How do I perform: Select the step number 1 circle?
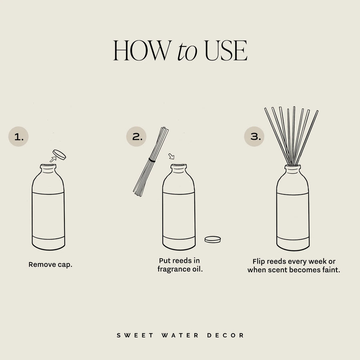pyautogui.click(x=18, y=137)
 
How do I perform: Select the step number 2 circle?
pyautogui.click(x=137, y=137)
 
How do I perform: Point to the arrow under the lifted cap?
pyautogui.click(x=52, y=159)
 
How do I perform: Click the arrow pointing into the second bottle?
pyautogui.click(x=172, y=155)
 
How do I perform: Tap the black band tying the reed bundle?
pyautogui.click(x=152, y=160)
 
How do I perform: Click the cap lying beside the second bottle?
pyautogui.click(x=213, y=239)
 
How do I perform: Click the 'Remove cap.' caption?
pyautogui.click(x=50, y=265)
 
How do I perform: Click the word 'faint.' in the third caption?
pyautogui.click(x=330, y=270)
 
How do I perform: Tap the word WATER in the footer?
pyautogui.click(x=180, y=335)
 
